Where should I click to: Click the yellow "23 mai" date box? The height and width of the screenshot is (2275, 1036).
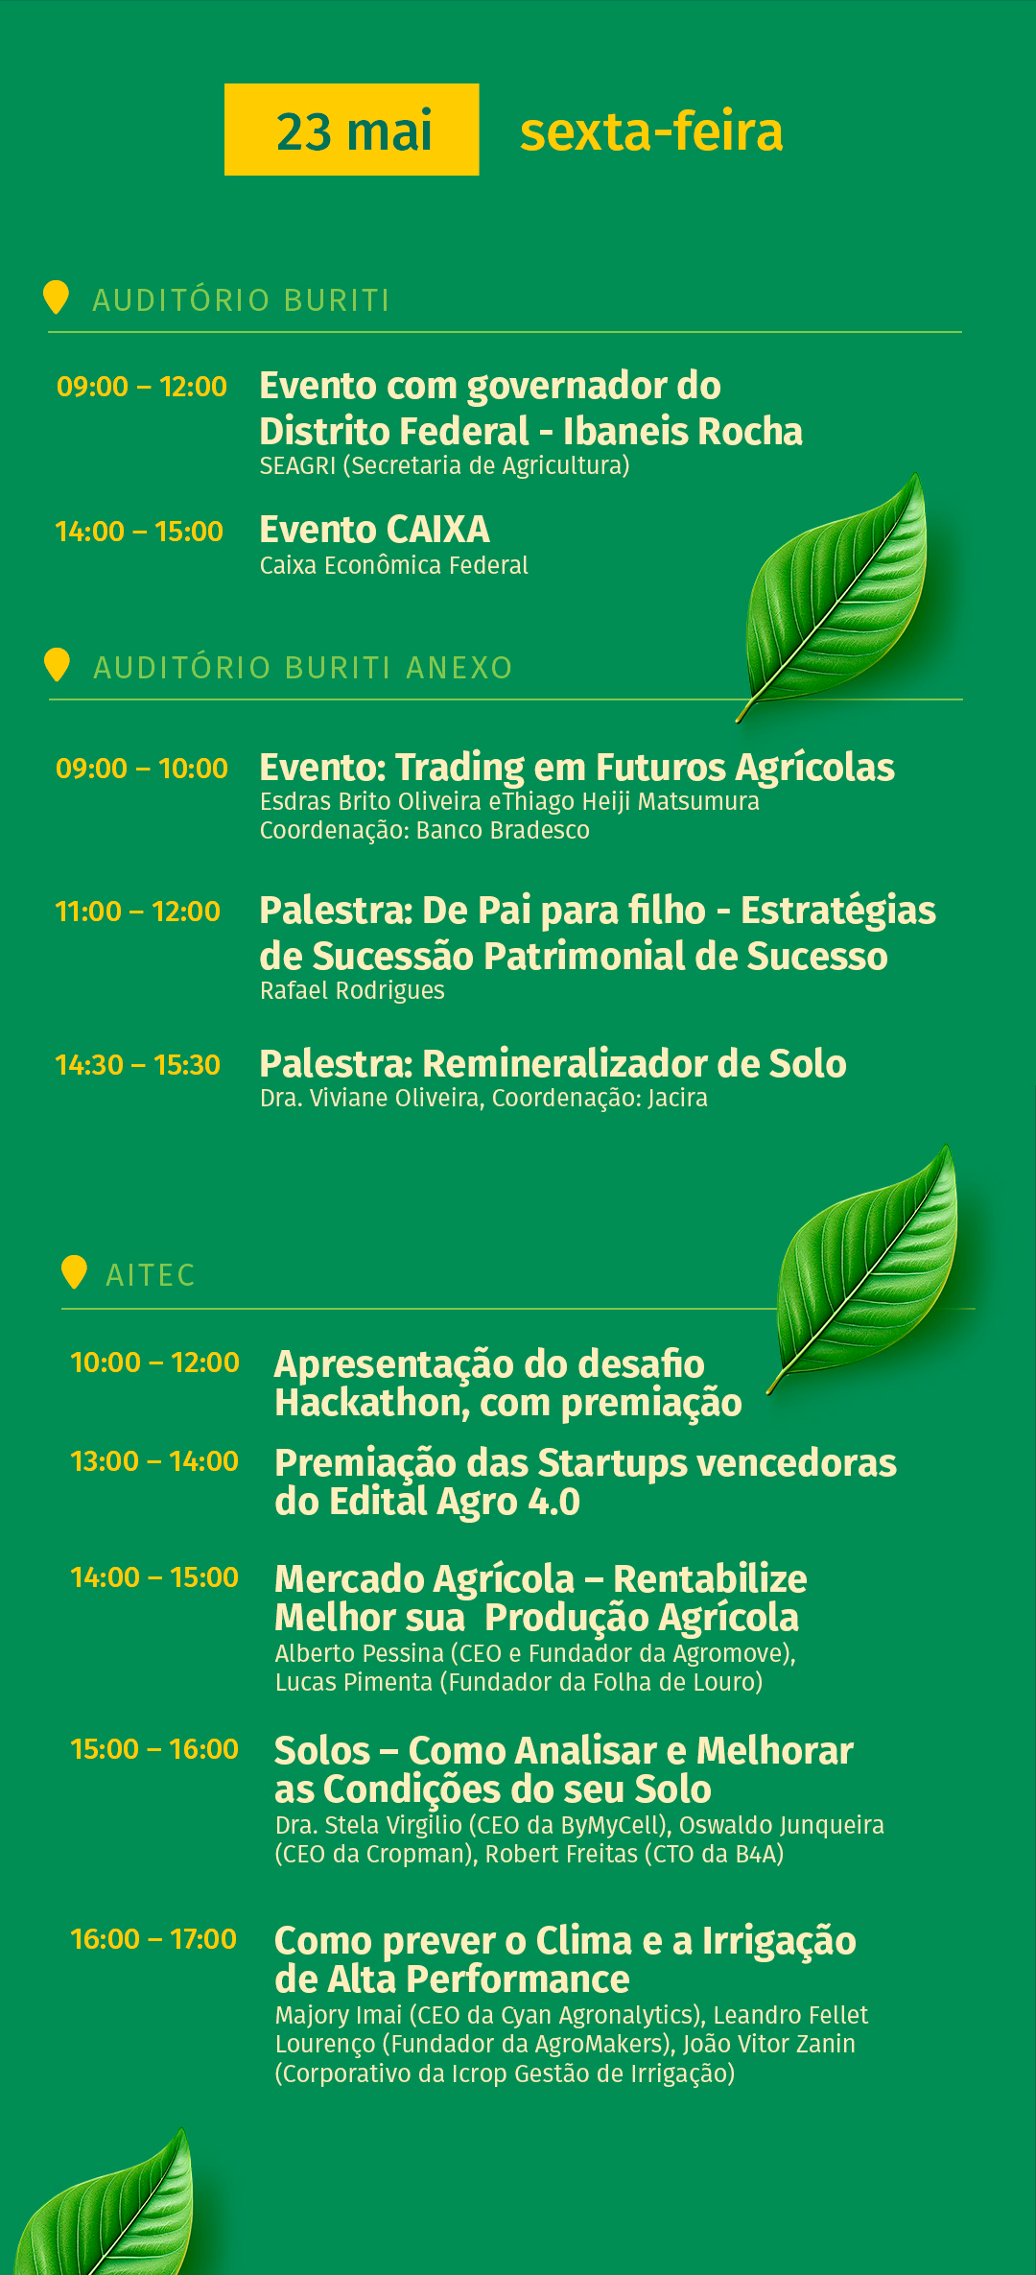click(351, 130)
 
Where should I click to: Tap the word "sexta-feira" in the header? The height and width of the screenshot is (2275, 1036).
click(651, 131)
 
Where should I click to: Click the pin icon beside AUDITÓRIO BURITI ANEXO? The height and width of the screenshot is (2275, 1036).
click(58, 664)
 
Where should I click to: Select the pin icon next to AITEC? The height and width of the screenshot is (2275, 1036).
click(74, 1272)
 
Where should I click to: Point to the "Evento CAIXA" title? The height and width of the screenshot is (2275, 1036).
click(374, 530)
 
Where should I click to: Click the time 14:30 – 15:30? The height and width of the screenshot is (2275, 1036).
click(138, 1065)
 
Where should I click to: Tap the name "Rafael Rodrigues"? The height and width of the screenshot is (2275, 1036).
click(352, 990)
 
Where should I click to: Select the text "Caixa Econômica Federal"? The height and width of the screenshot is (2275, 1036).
click(393, 565)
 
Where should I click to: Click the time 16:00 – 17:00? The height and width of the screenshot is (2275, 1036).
click(153, 1939)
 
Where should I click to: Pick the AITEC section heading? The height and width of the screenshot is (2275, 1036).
click(151, 1275)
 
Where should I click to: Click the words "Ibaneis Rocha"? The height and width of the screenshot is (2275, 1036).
click(683, 432)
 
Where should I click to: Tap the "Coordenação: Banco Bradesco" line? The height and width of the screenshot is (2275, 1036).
click(425, 830)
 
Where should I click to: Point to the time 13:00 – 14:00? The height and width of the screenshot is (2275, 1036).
click(154, 1461)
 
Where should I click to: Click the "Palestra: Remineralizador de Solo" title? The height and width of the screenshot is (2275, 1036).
click(553, 1064)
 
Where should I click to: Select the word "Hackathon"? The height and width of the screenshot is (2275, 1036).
click(372, 1404)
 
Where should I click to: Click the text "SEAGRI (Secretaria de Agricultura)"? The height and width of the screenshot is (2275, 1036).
click(444, 465)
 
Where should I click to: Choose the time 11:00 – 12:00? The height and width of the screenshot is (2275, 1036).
click(138, 912)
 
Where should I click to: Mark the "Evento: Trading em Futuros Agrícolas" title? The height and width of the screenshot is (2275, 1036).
click(577, 768)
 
